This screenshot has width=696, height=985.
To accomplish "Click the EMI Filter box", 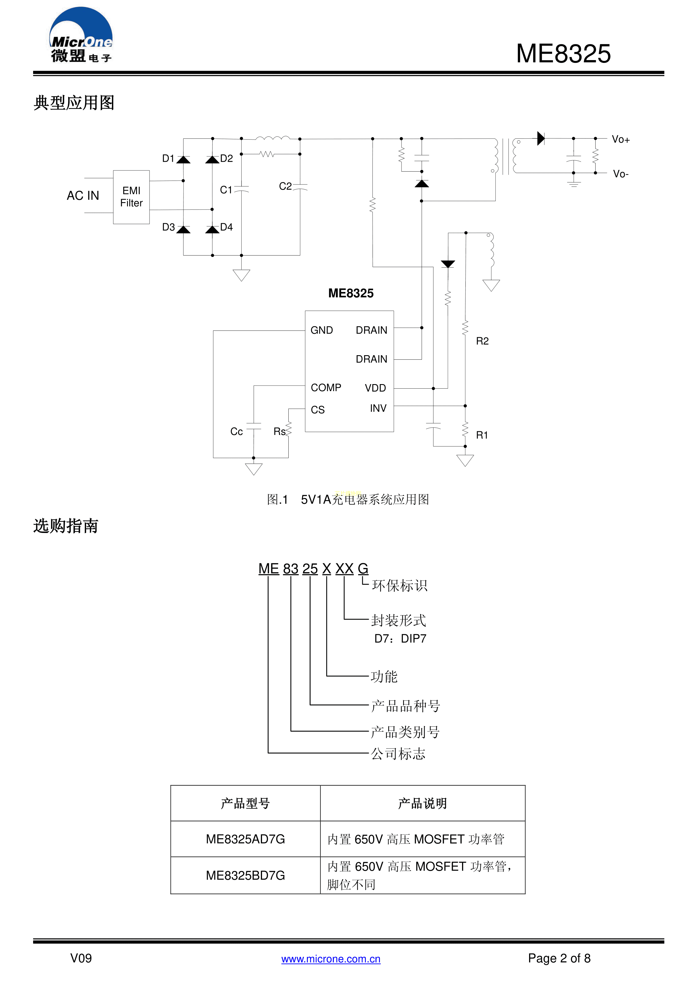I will [131, 197].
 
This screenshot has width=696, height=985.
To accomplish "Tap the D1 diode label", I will [168, 158].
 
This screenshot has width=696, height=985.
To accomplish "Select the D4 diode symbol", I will [212, 229].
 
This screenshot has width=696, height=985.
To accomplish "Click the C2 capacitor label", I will [285, 186].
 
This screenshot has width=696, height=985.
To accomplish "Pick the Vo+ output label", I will [620, 140].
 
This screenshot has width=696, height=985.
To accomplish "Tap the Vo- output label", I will [620, 174].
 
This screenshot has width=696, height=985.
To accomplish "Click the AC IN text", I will [83, 196].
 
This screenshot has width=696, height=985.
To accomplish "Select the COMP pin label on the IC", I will [326, 388].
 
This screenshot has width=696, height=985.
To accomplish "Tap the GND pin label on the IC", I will [321, 330].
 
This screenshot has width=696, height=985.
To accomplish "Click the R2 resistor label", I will [482, 341].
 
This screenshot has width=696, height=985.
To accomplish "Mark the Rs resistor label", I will [279, 432].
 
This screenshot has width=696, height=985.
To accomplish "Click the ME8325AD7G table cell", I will [245, 839].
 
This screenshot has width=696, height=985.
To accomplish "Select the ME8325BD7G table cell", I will [245, 875].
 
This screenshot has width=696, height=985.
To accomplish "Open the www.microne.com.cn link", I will [331, 959].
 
